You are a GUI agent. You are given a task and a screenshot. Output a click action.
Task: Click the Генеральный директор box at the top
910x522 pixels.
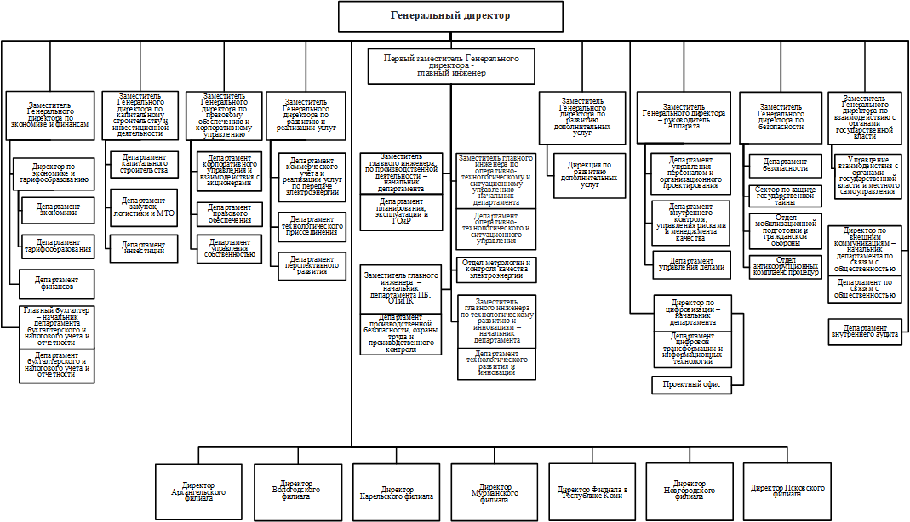(451, 16)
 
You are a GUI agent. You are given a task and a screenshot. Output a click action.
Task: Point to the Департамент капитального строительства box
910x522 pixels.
(144, 164)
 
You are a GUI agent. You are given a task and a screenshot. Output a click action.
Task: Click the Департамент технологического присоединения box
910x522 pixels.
(312, 226)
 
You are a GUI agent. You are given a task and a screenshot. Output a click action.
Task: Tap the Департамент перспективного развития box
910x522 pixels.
(312, 266)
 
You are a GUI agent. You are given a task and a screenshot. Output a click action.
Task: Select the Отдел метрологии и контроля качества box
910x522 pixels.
(495, 269)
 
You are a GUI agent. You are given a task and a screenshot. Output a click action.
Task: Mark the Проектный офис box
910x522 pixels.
(690, 385)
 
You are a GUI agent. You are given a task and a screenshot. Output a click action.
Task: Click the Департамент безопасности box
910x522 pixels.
(785, 164)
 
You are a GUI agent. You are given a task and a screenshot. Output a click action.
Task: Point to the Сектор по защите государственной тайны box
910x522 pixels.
(785, 196)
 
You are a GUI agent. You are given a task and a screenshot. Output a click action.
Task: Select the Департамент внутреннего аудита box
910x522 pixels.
(864, 332)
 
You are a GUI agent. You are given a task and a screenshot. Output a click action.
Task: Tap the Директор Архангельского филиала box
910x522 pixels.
(198, 491)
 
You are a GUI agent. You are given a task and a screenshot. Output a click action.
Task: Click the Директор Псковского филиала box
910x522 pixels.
(787, 491)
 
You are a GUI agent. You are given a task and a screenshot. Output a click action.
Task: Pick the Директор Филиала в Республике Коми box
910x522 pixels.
(592, 491)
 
